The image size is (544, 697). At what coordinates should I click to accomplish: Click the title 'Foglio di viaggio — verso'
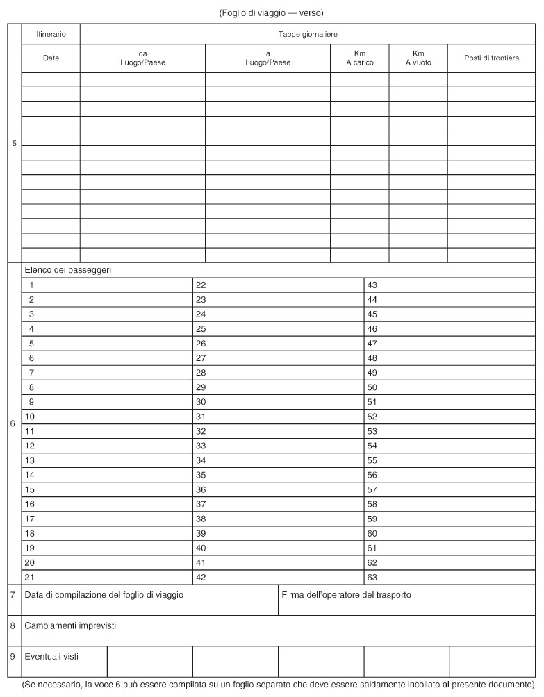coord(272,13)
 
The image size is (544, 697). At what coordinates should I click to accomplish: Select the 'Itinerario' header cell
coord(51,34)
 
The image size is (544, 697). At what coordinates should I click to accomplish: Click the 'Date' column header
coord(51,58)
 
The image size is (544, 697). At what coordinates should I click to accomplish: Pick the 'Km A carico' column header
coord(360,58)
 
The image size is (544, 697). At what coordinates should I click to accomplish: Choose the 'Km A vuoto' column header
coord(418,58)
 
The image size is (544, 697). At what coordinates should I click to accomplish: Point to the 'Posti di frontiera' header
coord(491,58)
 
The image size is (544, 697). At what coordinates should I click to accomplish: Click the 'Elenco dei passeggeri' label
coord(68,269)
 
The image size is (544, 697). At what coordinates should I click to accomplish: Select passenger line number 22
coord(201,285)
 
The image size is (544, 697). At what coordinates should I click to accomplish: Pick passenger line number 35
coord(201,475)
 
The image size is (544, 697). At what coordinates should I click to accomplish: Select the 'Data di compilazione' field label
coord(104,595)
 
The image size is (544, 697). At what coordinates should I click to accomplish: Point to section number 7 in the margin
coord(13,595)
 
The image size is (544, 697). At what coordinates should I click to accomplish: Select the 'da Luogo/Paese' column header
coord(142,58)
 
